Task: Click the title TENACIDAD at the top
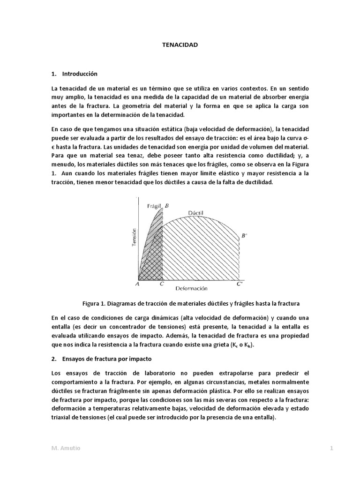coord(180,45)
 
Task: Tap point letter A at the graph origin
coord(138,283)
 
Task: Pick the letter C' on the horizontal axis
coord(240,284)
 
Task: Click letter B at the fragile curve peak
coord(167,205)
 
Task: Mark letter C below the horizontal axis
coord(162,284)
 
